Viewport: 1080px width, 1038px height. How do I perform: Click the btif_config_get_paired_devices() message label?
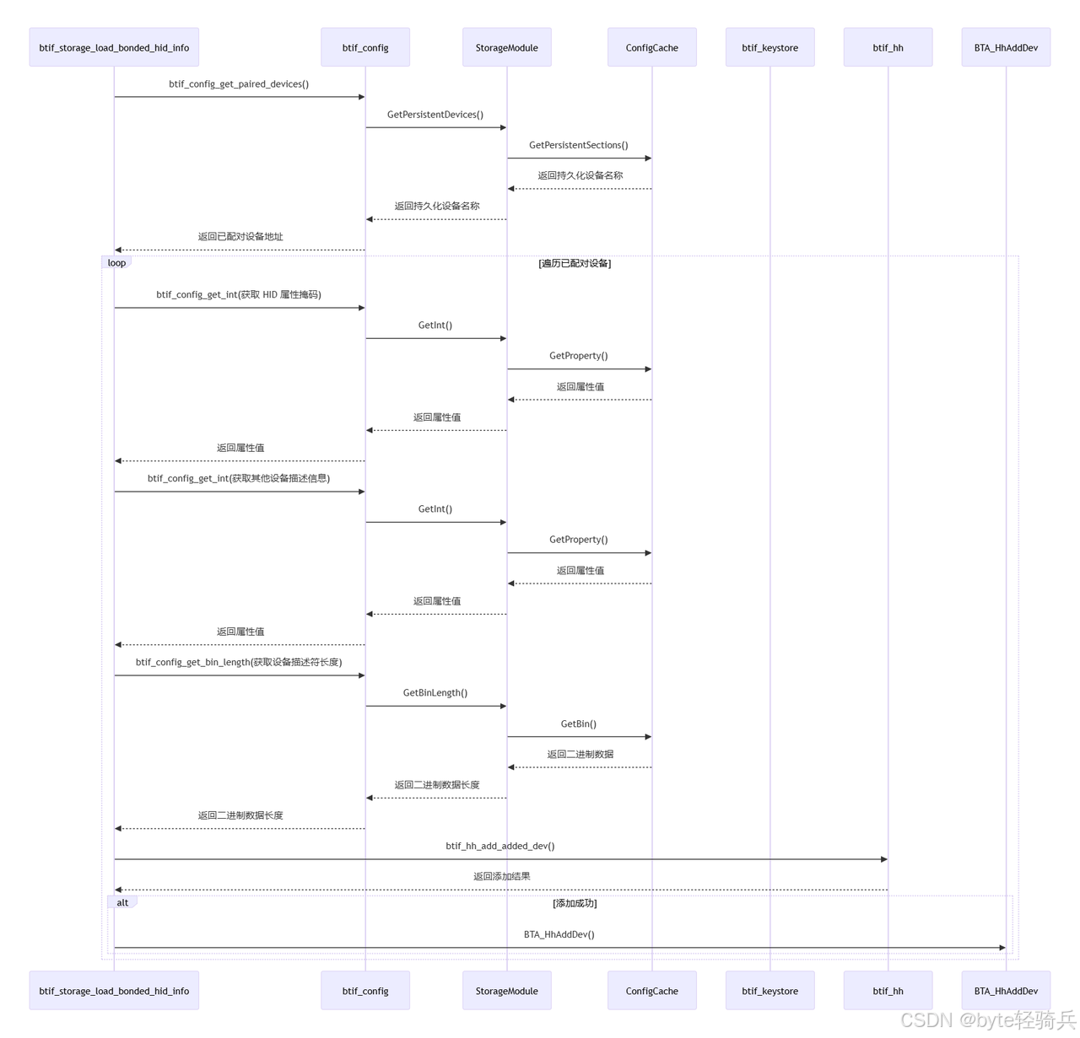click(x=239, y=84)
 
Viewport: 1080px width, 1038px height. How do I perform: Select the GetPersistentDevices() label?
click(x=435, y=115)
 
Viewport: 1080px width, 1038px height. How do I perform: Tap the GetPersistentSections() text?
click(x=579, y=145)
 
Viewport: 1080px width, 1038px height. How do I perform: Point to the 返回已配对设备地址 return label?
click(x=240, y=237)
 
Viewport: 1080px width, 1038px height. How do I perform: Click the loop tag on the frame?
click(x=116, y=263)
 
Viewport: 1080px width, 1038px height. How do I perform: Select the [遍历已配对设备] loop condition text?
click(x=575, y=264)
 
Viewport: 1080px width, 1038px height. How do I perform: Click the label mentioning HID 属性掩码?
click(x=239, y=295)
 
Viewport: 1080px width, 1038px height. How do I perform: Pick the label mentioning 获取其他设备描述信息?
click(x=239, y=479)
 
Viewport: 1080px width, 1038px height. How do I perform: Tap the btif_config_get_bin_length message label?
click(x=239, y=663)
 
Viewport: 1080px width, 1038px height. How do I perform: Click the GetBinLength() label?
click(x=435, y=693)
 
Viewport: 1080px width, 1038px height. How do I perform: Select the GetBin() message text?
click(x=579, y=724)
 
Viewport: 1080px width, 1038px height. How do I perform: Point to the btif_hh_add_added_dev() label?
click(x=500, y=846)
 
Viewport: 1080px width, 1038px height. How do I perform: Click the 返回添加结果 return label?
click(x=502, y=877)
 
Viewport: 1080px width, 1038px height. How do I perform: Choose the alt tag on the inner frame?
click(x=122, y=903)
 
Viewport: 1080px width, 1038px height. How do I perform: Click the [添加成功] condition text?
click(x=575, y=904)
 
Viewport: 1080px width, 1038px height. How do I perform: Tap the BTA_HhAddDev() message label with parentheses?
click(x=559, y=934)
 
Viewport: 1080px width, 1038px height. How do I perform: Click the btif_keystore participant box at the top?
click(x=769, y=47)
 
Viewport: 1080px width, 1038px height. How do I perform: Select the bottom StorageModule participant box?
click(x=506, y=991)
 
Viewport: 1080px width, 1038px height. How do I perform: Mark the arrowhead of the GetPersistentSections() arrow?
click(x=648, y=159)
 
